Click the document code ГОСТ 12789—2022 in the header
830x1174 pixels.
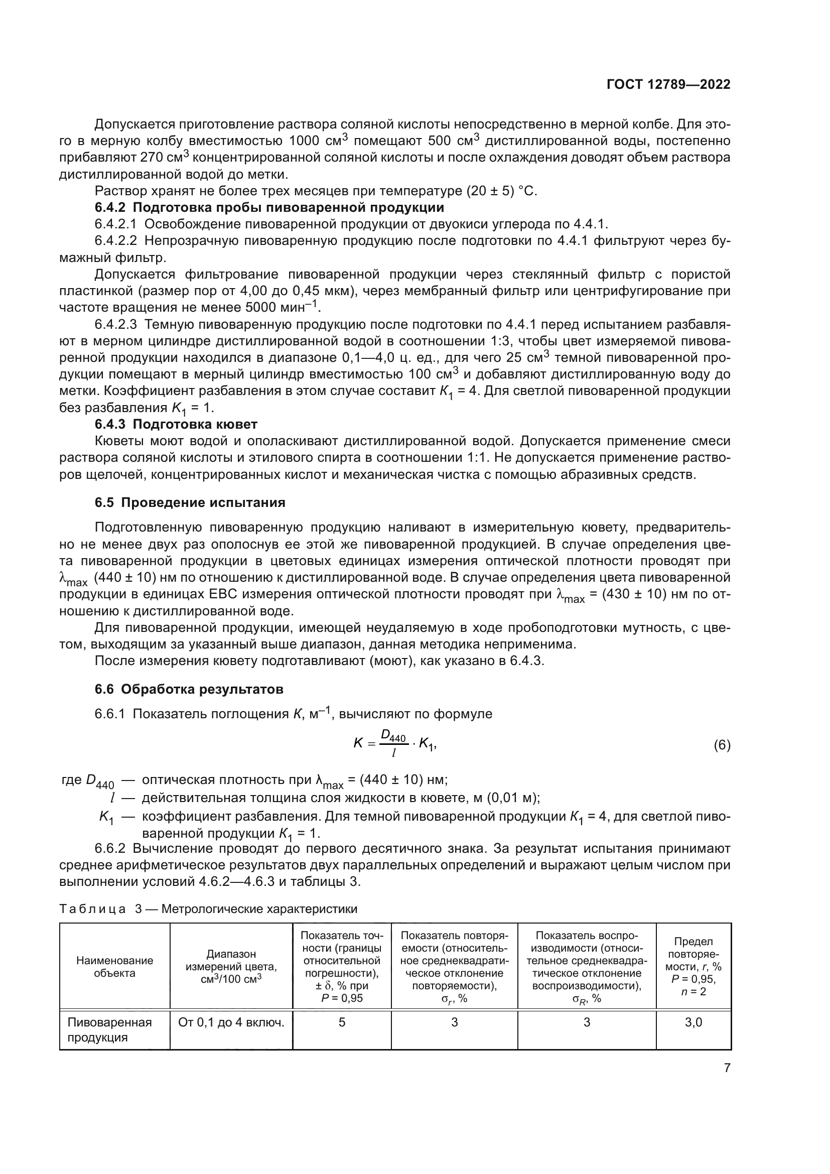coord(668,85)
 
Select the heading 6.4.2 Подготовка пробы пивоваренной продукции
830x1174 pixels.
coord(269,208)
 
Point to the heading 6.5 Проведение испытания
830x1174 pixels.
coord(190,502)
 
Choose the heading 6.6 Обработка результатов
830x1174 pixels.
coord(189,689)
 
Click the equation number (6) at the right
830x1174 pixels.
coord(722,745)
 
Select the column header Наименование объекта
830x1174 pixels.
coord(114,966)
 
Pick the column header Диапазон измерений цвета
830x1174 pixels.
coord(231,966)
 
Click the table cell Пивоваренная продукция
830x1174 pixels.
coord(109,1030)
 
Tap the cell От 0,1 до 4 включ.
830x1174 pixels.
coord(231,1022)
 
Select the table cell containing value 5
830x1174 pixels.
coord(341,1022)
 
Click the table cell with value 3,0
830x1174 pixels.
coord(693,1022)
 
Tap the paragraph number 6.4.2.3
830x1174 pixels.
coord(115,325)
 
